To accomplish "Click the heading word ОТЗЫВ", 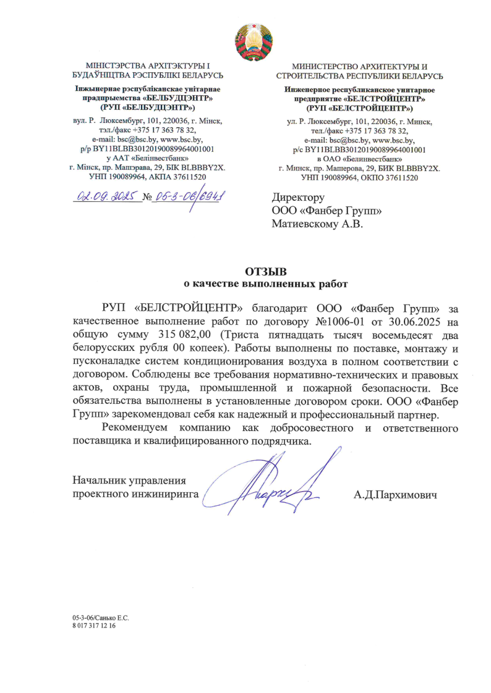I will (267, 272).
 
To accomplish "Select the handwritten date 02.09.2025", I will (107, 197).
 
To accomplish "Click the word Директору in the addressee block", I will (298, 198).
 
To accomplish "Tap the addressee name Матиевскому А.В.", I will (317, 224).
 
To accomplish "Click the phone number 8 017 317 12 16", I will (94, 626).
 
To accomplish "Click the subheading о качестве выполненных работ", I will (267, 285).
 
